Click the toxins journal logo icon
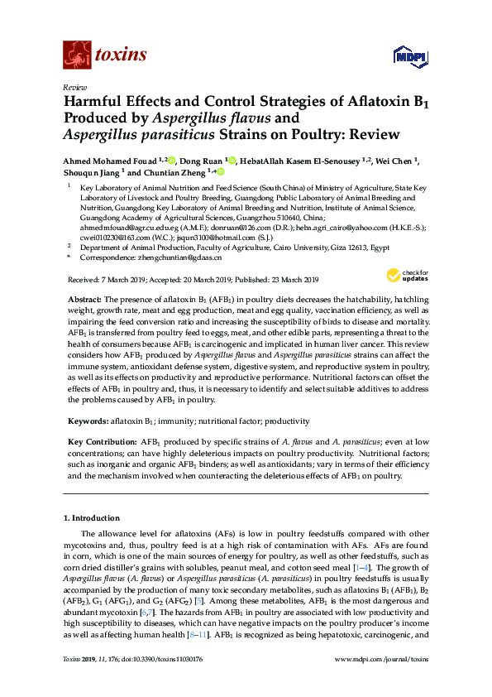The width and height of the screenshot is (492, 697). (76, 55)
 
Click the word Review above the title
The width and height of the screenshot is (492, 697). (75, 87)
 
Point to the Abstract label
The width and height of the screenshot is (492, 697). (84, 296)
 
